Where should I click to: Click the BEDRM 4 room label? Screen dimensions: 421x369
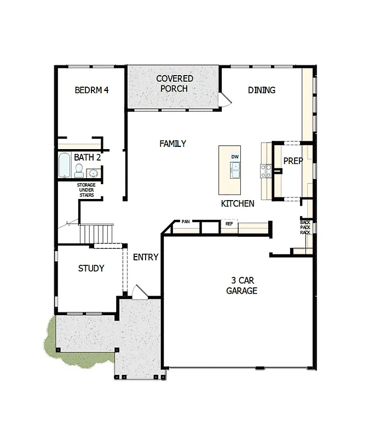pyautogui.click(x=91, y=90)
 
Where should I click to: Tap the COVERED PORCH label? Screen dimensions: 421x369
pyautogui.click(x=174, y=83)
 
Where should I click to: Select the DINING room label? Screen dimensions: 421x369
pyautogui.click(x=261, y=90)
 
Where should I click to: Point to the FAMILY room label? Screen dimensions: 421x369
pyautogui.click(x=172, y=144)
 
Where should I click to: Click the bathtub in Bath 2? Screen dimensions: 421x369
pyautogui.click(x=64, y=165)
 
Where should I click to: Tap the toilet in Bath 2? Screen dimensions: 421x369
pyautogui.click(x=79, y=171)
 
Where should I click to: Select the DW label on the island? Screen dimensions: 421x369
pyautogui.click(x=235, y=157)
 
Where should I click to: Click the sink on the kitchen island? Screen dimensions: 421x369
pyautogui.click(x=235, y=172)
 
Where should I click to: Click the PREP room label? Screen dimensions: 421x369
pyautogui.click(x=293, y=161)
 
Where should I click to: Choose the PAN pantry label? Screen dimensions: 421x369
pyautogui.click(x=186, y=222)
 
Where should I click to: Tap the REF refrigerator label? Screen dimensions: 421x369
pyautogui.click(x=229, y=224)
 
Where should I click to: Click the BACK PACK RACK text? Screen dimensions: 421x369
pyautogui.click(x=305, y=227)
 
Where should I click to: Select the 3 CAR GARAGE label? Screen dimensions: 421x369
pyautogui.click(x=241, y=286)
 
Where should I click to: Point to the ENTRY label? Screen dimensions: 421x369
pyautogui.click(x=146, y=257)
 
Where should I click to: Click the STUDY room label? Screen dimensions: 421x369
pyautogui.click(x=91, y=269)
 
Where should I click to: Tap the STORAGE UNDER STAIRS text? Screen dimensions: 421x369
pyautogui.click(x=85, y=190)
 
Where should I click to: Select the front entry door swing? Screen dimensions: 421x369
pyautogui.click(x=140, y=291)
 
